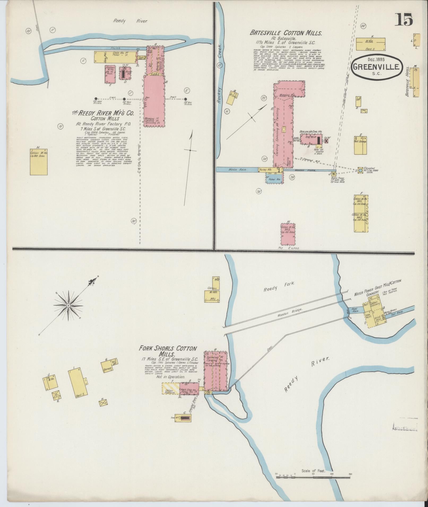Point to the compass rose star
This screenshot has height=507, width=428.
[x=68, y=305]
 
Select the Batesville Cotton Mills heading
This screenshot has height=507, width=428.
[x=286, y=33]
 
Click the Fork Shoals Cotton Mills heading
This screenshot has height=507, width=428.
[x=168, y=351]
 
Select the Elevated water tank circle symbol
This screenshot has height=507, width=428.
[x=360, y=170]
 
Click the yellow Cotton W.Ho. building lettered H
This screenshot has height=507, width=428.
[x=39, y=162]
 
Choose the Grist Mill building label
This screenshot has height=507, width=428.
[x=377, y=318]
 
